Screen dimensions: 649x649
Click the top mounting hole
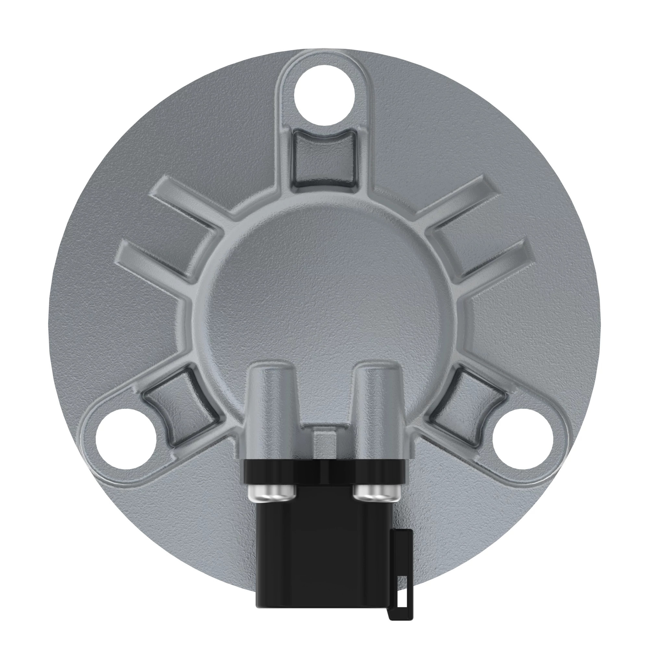[x=324, y=95]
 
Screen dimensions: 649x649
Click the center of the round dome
[x=324, y=296]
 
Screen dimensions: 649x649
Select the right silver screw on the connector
[x=377, y=493]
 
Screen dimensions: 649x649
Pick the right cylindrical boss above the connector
[x=378, y=403]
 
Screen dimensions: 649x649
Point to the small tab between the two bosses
[x=324, y=443]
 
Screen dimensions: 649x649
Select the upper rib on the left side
[x=188, y=205]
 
